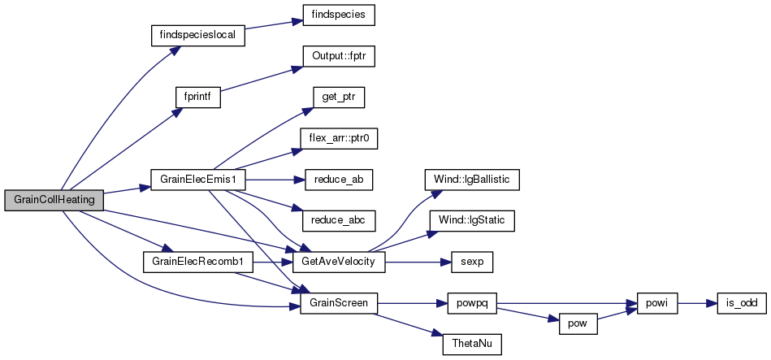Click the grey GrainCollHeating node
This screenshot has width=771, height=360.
(54, 200)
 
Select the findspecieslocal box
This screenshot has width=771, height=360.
(197, 36)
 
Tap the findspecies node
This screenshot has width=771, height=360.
(339, 15)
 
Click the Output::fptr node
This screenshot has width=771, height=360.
(339, 57)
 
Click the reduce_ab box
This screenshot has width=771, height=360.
(339, 180)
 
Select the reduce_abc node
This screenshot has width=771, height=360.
(339, 220)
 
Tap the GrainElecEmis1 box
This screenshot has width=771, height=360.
(197, 180)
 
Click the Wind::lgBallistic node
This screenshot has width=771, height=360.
(472, 180)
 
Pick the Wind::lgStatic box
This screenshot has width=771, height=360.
(472, 220)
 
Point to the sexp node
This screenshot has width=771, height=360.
(472, 262)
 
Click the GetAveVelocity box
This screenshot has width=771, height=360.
(339, 262)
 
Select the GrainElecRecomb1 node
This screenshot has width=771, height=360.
(197, 262)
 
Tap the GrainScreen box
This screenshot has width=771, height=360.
(339, 303)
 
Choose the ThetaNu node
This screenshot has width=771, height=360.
(472, 345)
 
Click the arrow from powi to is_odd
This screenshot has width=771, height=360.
(698, 303)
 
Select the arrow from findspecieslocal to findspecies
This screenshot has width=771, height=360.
(274, 24)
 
